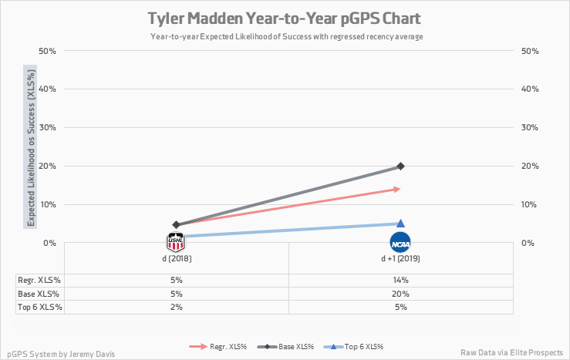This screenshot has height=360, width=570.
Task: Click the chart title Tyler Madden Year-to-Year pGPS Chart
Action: click(x=285, y=18)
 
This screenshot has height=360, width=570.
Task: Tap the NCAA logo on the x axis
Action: click(x=400, y=242)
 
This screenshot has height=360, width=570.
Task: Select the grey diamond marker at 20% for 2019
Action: click(x=400, y=166)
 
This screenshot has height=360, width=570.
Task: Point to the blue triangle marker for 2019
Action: click(x=400, y=223)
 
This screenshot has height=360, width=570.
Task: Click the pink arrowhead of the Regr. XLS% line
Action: click(x=396, y=188)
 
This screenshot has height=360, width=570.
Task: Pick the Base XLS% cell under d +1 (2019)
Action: click(x=400, y=294)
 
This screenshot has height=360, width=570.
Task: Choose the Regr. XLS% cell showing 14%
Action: click(x=400, y=280)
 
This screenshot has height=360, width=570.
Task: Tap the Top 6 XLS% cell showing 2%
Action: click(x=176, y=307)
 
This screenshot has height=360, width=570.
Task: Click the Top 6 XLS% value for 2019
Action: click(x=400, y=307)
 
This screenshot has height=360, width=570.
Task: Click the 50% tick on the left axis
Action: click(x=48, y=51)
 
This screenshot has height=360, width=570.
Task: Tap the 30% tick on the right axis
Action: click(x=531, y=127)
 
